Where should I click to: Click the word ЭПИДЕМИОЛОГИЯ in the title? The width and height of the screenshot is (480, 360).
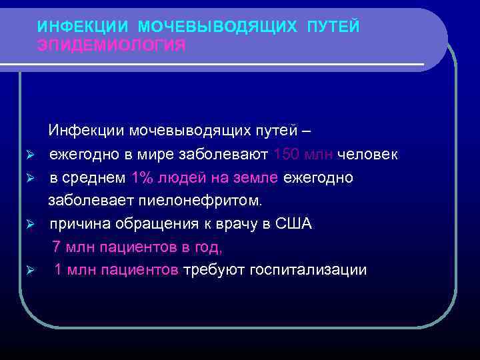(111, 45)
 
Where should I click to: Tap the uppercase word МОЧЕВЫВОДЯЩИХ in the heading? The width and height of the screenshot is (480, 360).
(217, 27)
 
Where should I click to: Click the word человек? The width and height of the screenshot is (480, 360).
(368, 155)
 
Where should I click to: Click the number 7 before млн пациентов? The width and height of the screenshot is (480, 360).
(57, 247)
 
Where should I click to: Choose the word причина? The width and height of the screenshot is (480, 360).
(75, 224)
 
